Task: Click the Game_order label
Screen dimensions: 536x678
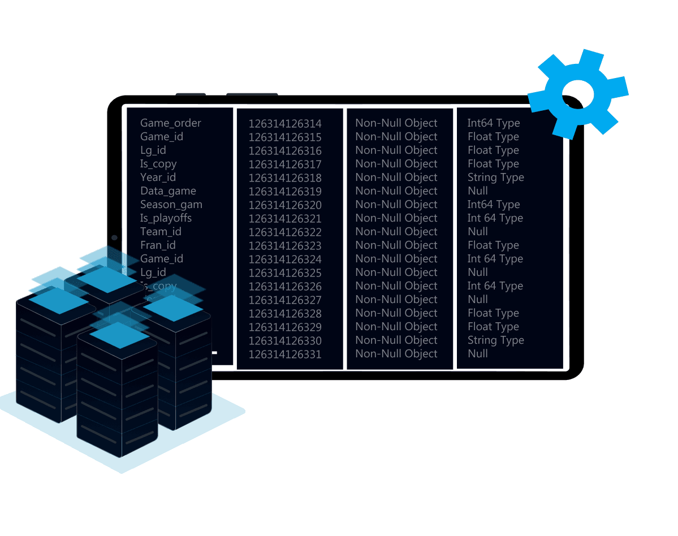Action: click(x=170, y=123)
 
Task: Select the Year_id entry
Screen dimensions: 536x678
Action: click(x=158, y=178)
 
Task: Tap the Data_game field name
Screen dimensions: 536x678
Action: click(x=168, y=191)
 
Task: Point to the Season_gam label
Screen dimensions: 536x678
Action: click(x=171, y=205)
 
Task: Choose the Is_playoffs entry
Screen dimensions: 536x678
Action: click(x=166, y=218)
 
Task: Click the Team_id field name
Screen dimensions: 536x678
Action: click(x=161, y=232)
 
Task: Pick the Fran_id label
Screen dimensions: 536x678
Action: click(x=158, y=245)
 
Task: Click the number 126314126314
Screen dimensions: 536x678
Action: click(x=285, y=124)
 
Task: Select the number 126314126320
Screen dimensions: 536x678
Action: click(x=285, y=205)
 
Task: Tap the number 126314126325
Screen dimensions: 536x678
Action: click(x=285, y=273)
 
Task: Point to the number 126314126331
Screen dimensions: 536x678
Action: click(x=285, y=355)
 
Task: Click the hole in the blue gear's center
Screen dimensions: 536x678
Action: click(x=577, y=94)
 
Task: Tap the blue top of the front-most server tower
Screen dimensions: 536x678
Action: click(x=119, y=335)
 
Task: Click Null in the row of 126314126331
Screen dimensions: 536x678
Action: click(x=478, y=354)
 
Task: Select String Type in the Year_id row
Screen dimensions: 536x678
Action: click(x=495, y=178)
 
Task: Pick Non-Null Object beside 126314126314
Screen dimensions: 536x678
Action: click(x=396, y=123)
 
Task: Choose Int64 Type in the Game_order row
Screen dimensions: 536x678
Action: click(x=493, y=123)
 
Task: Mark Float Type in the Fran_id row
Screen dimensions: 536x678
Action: click(x=493, y=245)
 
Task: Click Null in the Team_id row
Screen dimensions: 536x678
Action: click(x=478, y=232)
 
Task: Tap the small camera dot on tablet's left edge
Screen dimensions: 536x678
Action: click(x=114, y=238)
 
